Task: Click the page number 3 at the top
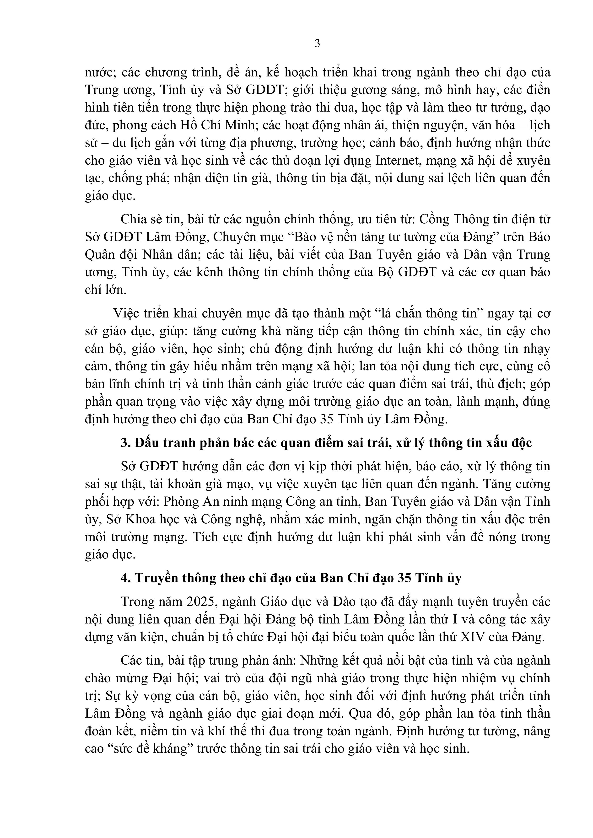tap(317, 43)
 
